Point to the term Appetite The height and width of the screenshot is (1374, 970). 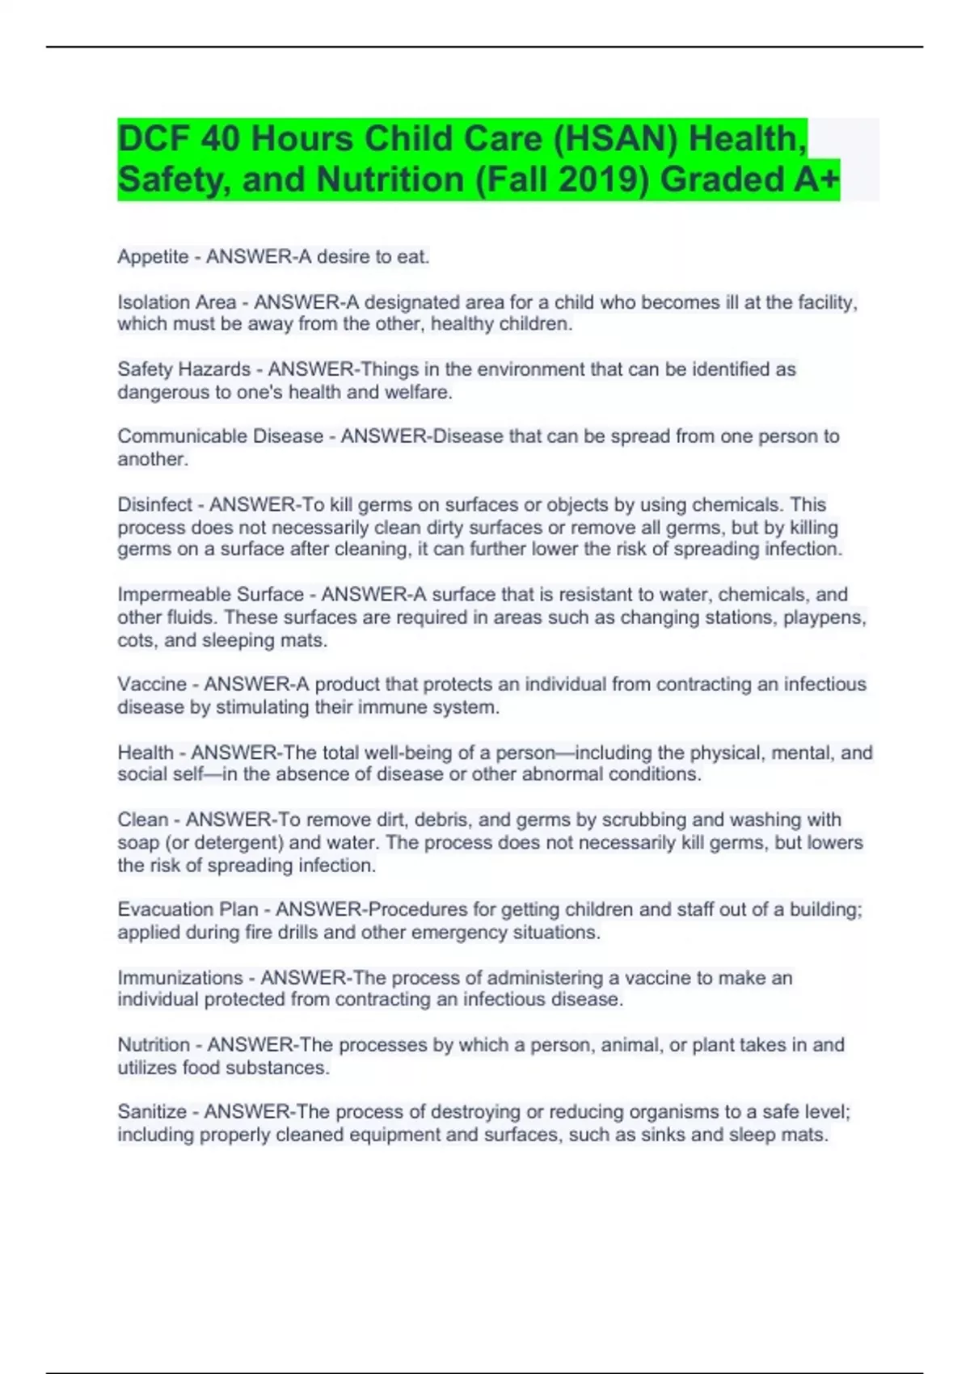pyautogui.click(x=153, y=257)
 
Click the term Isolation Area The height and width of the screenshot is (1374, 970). pyautogui.click(x=176, y=302)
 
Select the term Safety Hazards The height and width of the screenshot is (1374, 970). pyautogui.click(x=183, y=369)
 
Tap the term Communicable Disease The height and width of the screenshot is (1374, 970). pyautogui.click(x=220, y=436)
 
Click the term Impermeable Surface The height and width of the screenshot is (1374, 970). pyautogui.click(x=210, y=594)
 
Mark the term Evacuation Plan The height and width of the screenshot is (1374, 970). pyautogui.click(x=188, y=909)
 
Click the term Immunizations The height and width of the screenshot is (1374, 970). pyautogui.click(x=179, y=977)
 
